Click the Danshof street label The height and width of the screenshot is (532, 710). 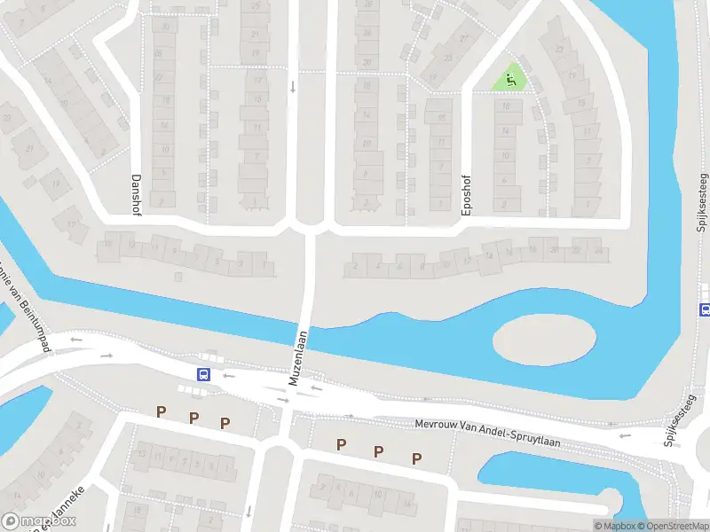137,190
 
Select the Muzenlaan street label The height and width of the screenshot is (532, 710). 298,357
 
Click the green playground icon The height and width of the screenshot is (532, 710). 510,80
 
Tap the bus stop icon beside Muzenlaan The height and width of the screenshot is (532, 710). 203,374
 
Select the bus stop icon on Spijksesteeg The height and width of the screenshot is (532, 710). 705,309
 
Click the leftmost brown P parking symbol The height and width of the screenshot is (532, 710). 162,411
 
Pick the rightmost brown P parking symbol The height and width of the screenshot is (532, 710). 415,458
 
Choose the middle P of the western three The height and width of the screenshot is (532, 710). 193,418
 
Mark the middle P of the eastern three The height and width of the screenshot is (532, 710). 378,451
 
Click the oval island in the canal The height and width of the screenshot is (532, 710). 543,339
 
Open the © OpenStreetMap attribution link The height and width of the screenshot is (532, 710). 672,526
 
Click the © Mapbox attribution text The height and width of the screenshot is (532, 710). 616,526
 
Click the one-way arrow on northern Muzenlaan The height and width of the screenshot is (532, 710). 292,87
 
